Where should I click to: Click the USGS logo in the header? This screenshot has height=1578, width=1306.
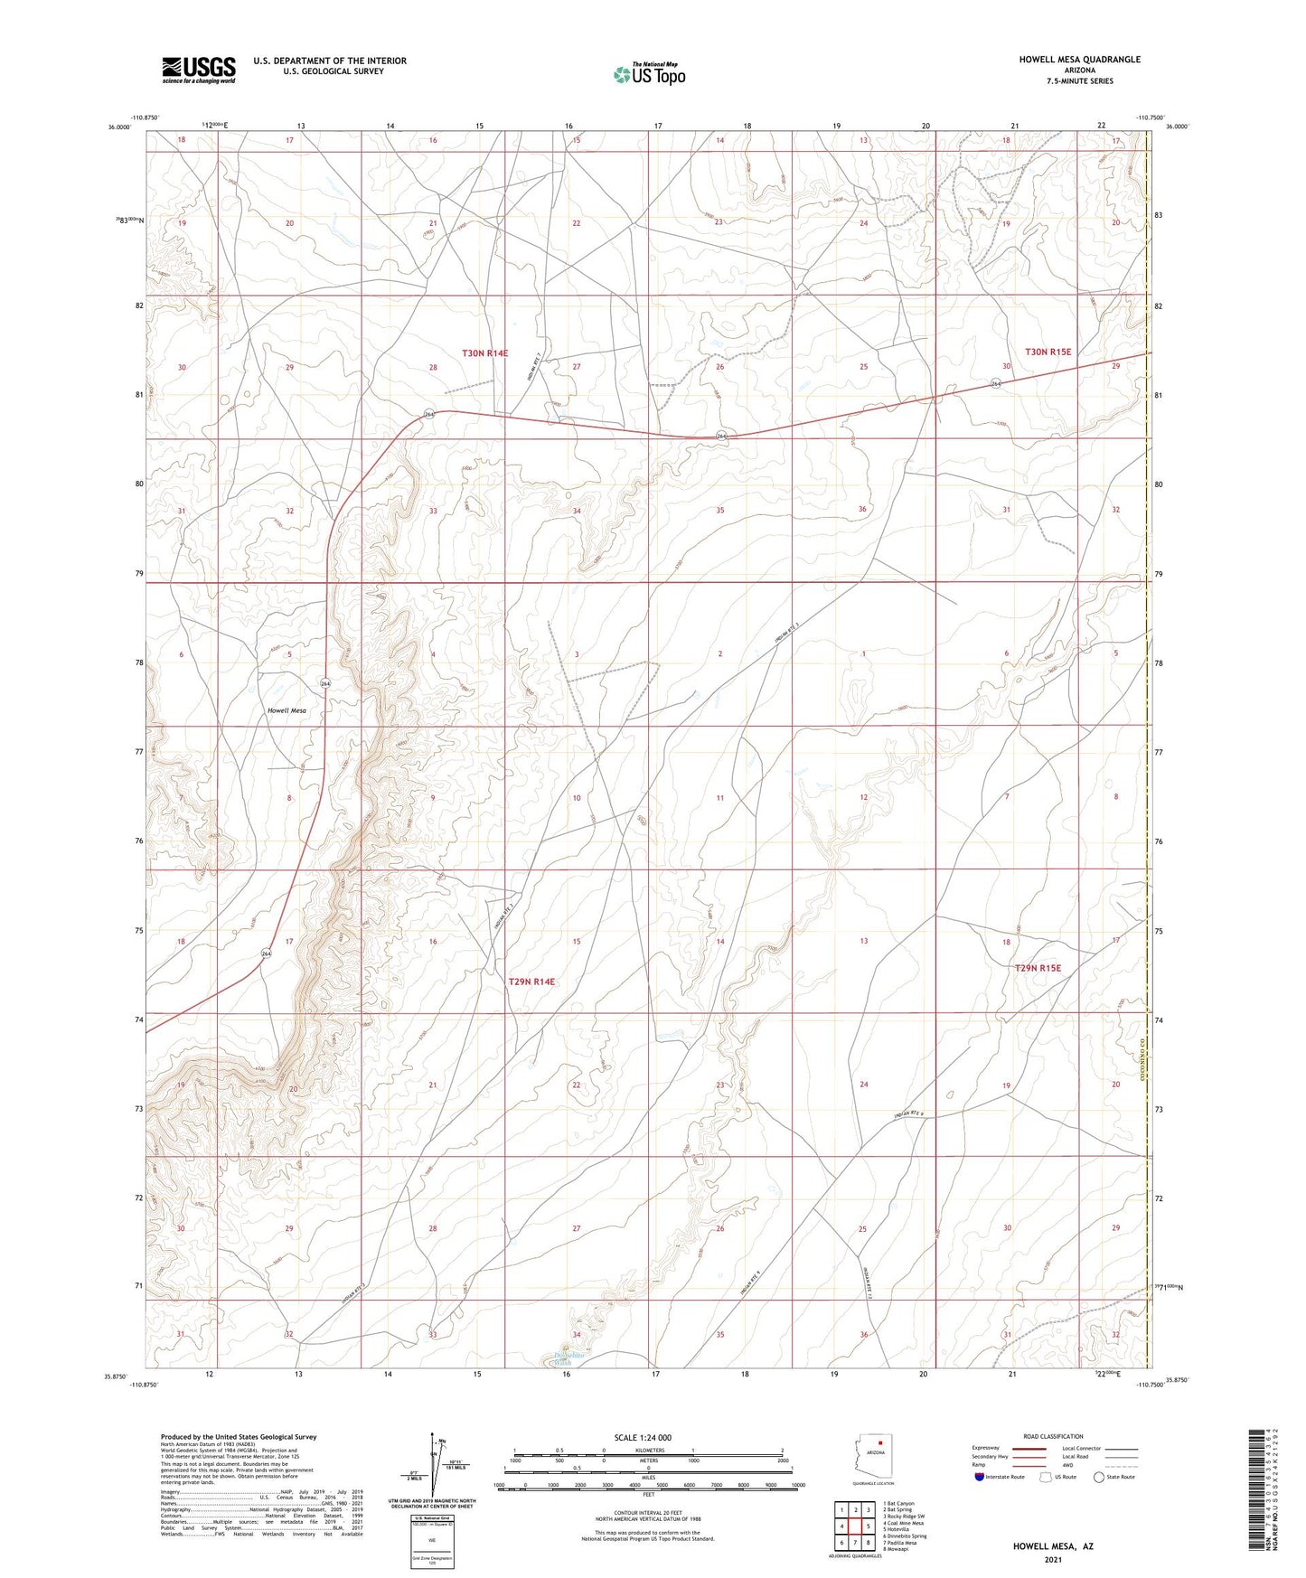point(199,70)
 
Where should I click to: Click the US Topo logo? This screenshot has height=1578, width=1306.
point(648,74)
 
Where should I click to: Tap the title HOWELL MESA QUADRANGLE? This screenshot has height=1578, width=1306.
point(1079,60)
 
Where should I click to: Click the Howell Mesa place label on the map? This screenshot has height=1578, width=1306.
point(287,710)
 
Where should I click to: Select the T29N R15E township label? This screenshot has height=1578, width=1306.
point(1038,968)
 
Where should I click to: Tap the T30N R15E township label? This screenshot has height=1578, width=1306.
point(1048,352)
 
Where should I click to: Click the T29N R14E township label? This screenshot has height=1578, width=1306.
point(531,981)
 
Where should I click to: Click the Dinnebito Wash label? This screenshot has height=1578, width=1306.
point(569,1356)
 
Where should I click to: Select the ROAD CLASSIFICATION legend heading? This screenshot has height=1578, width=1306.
point(1053,1436)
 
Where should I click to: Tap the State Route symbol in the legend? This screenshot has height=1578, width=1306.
point(1099,1477)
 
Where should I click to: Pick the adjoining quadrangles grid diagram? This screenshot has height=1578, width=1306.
point(854,1526)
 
